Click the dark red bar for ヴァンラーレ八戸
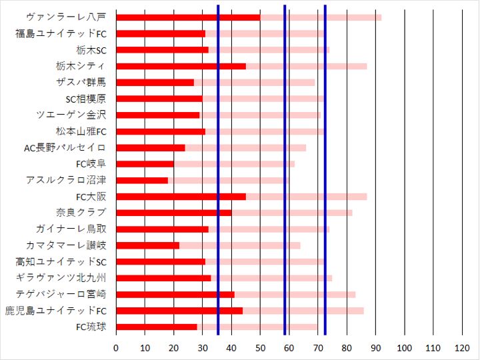point(188,17)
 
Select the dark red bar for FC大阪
point(181,197)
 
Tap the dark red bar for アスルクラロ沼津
point(142,180)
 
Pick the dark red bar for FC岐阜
point(145,164)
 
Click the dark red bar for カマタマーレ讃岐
point(147,245)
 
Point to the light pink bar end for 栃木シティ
point(365,66)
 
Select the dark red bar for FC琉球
point(157,327)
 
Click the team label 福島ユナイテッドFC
point(61,33)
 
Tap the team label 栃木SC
point(91,50)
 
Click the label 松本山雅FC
point(81,131)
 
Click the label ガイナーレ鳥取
point(75,229)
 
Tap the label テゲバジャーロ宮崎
point(65,294)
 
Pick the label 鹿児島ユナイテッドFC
point(56,311)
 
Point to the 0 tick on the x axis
point(116,348)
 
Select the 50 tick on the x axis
point(260,348)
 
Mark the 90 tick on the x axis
point(375,348)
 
